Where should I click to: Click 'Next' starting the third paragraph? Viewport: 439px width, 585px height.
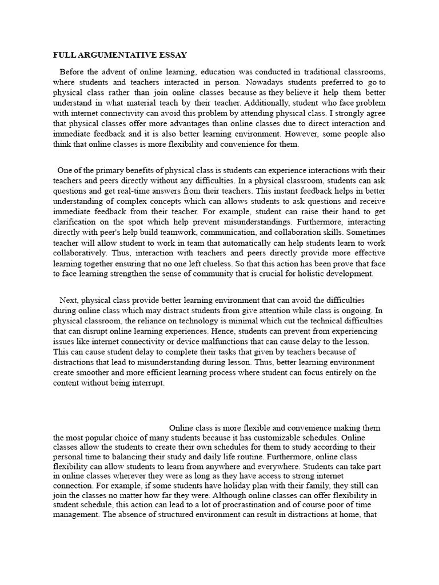point(69,300)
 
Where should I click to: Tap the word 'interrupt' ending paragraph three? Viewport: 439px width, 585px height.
point(146,383)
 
